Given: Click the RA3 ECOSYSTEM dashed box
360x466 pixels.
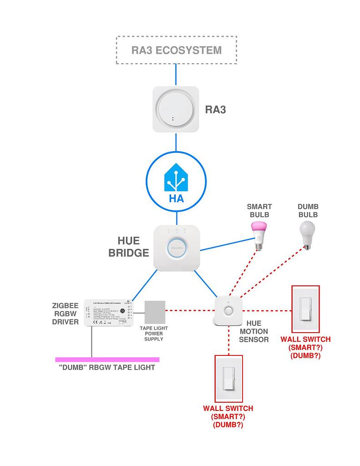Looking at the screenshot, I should point(176,50).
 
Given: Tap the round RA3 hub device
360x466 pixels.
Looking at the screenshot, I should point(175,109).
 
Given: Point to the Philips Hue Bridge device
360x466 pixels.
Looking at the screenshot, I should point(176,248).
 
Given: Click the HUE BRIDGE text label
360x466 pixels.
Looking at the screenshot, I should point(129,247).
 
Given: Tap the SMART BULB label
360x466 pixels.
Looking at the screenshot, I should point(259,211).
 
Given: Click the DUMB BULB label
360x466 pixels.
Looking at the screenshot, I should point(308,211).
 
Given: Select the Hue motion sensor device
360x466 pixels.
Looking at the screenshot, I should point(228,311).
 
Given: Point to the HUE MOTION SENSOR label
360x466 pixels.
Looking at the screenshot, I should point(254,331).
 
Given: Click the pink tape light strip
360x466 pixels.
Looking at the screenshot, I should point(107,360).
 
